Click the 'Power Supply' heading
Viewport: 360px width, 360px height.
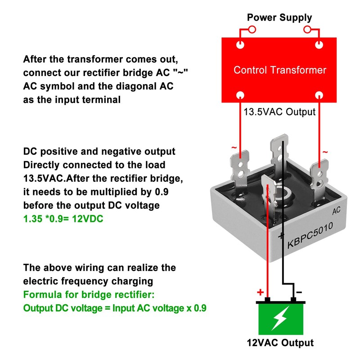coord(279,18)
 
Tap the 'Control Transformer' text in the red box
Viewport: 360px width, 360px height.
coord(279,70)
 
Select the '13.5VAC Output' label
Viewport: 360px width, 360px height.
coord(279,112)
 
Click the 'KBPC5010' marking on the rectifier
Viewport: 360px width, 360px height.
coord(310,235)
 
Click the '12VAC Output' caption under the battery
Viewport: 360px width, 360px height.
coord(280,342)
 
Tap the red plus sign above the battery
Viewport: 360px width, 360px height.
coord(260,292)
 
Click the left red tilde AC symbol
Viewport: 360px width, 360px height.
coord(233,148)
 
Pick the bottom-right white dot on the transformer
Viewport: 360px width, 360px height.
coord(319,95)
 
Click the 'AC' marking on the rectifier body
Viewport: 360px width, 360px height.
coord(336,211)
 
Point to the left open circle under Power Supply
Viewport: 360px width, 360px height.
coord(252,30)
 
